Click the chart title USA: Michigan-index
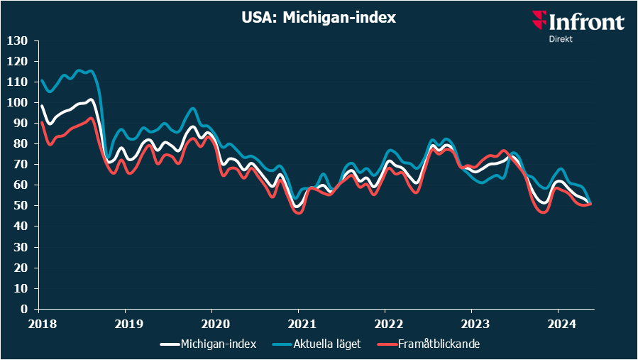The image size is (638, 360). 318,18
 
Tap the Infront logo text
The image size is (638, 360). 586,22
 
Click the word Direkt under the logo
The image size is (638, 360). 561,39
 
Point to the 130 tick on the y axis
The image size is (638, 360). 17,41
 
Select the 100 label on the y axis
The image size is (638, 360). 17,103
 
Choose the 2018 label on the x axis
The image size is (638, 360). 38,323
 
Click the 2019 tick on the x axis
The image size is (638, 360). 125,323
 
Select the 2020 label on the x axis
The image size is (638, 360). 211,323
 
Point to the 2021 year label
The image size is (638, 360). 298,323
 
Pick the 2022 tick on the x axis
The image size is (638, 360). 385,323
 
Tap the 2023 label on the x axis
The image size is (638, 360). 471,323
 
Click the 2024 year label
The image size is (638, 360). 558,323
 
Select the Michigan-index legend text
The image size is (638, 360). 219,344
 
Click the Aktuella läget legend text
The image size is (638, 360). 326,344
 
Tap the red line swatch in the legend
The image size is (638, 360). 384,344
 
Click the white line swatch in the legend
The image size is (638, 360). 169,344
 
